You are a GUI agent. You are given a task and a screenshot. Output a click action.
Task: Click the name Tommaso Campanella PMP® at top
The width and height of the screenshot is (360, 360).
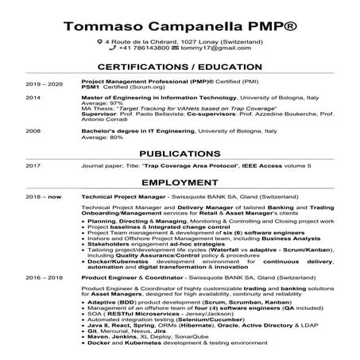tap(180, 26)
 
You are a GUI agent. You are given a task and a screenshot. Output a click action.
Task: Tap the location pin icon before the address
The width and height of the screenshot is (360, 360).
tap(99, 41)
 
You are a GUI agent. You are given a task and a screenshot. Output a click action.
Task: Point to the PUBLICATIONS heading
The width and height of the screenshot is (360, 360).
tap(180, 153)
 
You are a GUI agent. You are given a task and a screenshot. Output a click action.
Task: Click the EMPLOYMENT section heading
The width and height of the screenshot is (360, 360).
tap(180, 181)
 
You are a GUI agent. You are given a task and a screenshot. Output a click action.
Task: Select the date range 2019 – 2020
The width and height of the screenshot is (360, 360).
tap(44, 83)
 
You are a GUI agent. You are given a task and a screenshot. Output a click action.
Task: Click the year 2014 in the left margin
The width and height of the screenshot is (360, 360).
tap(33, 97)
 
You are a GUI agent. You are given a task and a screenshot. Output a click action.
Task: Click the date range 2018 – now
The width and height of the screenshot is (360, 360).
tap(44, 195)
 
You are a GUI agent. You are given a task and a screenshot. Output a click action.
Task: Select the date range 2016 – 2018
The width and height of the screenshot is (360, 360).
tap(44, 279)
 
